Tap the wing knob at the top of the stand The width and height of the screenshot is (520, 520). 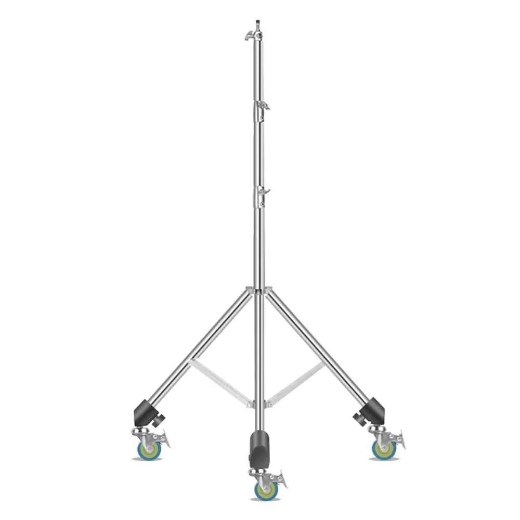click(249, 35)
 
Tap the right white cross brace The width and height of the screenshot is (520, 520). click(297, 382)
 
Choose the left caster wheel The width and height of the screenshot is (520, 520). click(150, 450)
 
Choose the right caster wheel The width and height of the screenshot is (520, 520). click(384, 449)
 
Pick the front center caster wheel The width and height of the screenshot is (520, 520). click(265, 490)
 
